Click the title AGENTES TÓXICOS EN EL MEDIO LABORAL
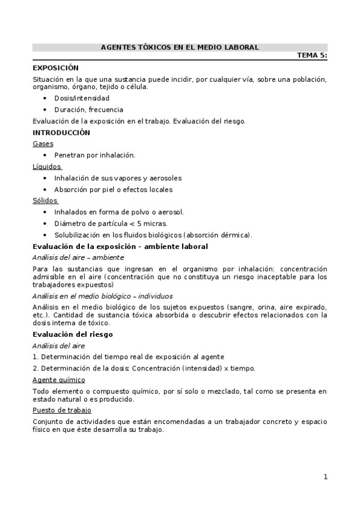pyautogui.click(x=180, y=47)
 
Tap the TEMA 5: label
pyautogui.click(x=312, y=55)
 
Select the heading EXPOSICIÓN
pyautogui.click(x=55, y=67)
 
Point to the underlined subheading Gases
pyautogui.click(x=43, y=144)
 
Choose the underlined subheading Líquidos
pyautogui.click(x=46, y=167)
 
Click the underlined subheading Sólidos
pyautogui.click(x=45, y=200)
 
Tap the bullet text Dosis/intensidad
pyautogui.click(x=82, y=98)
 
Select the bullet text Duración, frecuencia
pyautogui.click(x=88, y=109)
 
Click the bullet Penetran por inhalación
pyautogui.click(x=94, y=155)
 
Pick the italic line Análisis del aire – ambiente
pyautogui.click(x=78, y=257)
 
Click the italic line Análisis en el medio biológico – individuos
pyautogui.click(x=103, y=296)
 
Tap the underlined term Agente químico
pyautogui.click(x=58, y=379)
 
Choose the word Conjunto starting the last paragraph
pyautogui.click(x=47, y=422)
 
